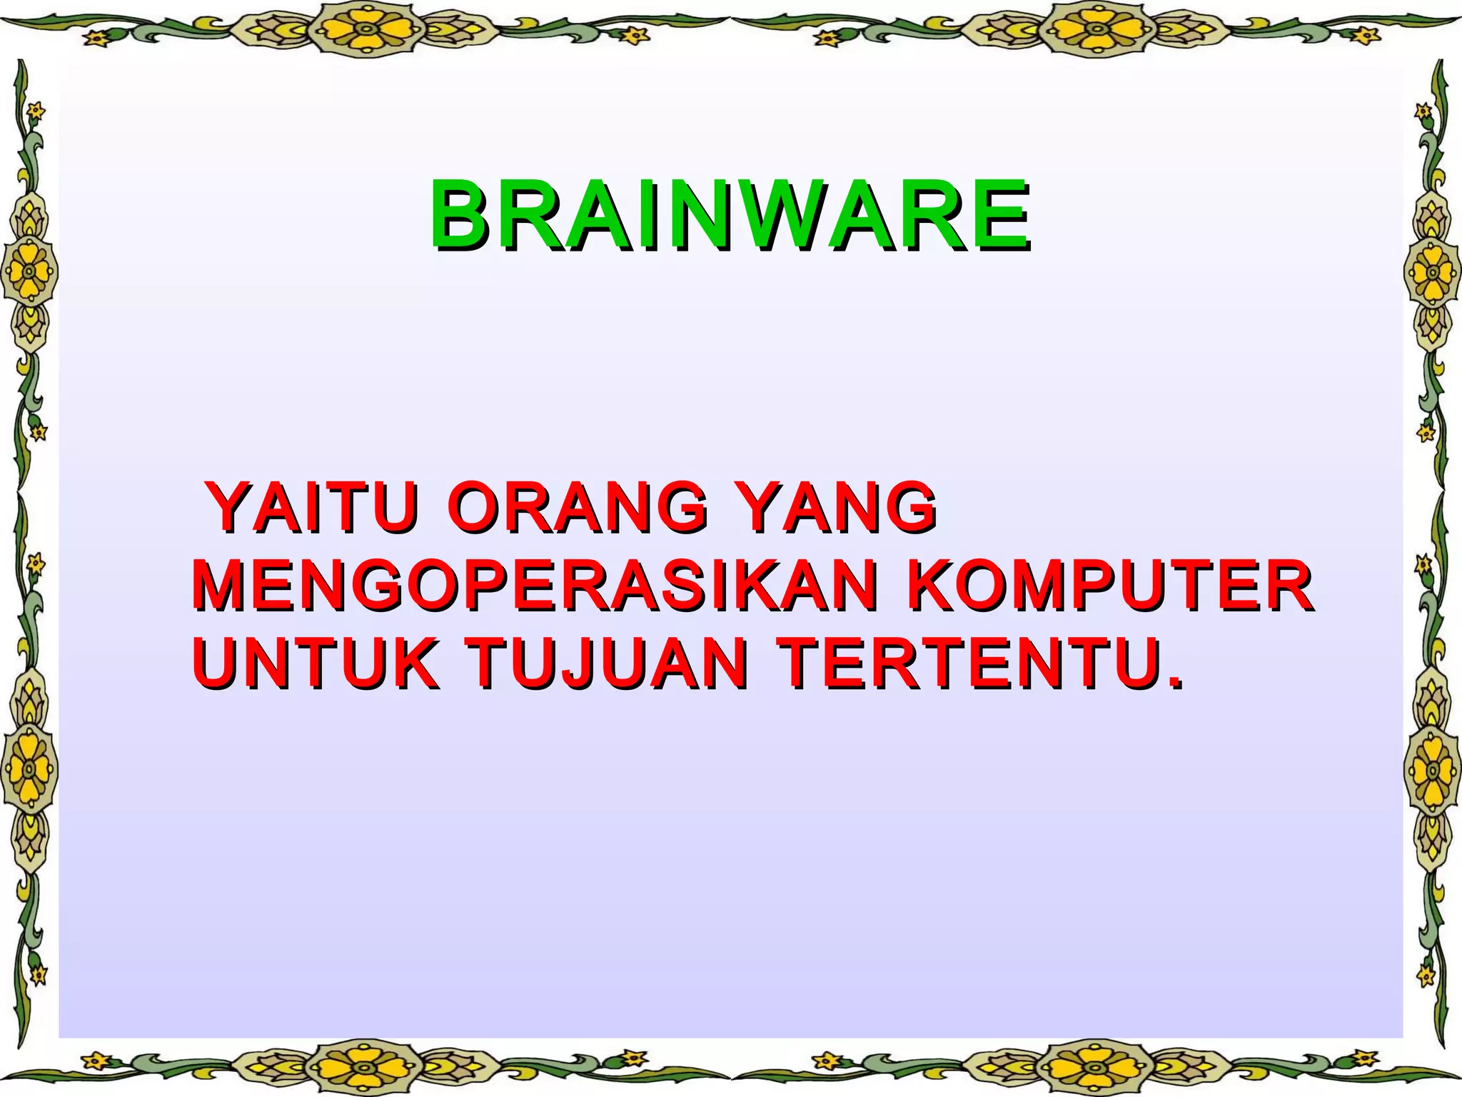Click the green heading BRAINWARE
click(x=730, y=215)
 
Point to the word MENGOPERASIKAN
click(x=535, y=587)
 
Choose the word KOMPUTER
click(x=1109, y=587)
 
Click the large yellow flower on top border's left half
click(x=365, y=29)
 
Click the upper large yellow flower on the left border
click(x=29, y=272)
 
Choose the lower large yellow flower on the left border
click(x=29, y=769)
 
